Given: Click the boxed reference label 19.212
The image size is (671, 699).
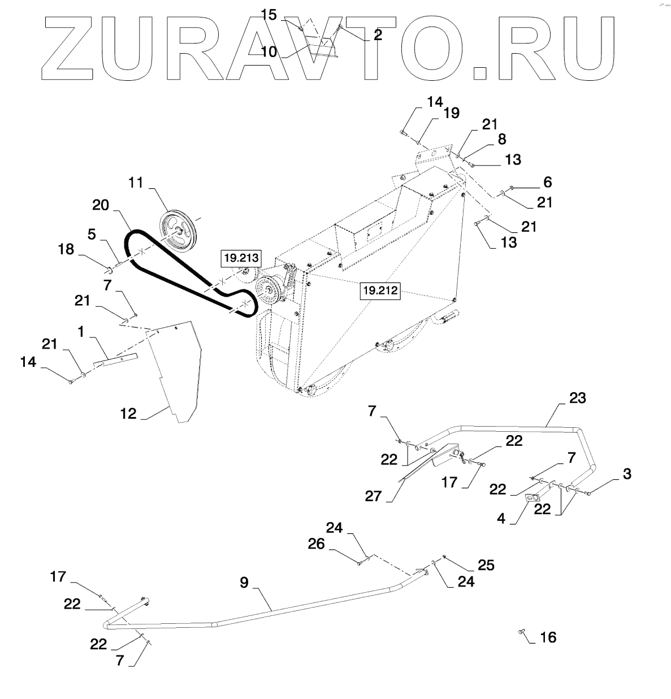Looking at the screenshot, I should [380, 292].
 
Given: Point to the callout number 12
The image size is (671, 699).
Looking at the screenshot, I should [128, 414].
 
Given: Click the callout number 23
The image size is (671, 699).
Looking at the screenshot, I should [577, 398].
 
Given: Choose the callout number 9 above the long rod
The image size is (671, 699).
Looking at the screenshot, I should [244, 582].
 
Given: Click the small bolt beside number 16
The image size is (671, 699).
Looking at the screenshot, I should [522, 633].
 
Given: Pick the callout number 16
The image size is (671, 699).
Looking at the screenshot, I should [548, 637].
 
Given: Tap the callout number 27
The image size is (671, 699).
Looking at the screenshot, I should [374, 496].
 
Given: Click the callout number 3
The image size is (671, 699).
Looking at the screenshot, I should [626, 474].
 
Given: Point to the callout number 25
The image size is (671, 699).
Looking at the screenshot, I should [486, 565].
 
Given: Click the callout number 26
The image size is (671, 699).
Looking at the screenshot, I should [317, 544].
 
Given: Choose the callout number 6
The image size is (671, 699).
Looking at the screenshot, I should [547, 182].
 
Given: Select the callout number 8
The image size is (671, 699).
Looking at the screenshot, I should [501, 139].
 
